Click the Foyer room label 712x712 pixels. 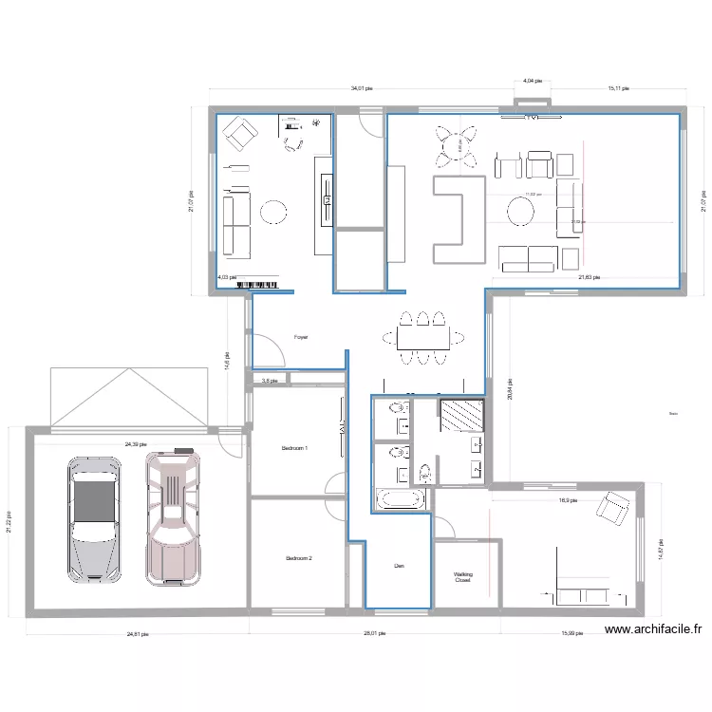(x=301, y=337)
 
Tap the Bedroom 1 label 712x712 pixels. (x=295, y=448)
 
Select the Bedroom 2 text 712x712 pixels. (x=299, y=558)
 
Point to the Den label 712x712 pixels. (x=400, y=567)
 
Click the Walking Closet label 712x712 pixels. (x=462, y=577)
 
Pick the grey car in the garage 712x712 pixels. (x=93, y=517)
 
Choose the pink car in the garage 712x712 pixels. (x=173, y=517)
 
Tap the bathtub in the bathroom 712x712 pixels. (x=402, y=499)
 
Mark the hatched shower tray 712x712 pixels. (x=462, y=416)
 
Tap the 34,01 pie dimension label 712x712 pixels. (x=362, y=88)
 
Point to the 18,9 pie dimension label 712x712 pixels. (x=568, y=500)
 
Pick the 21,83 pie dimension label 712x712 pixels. (x=590, y=277)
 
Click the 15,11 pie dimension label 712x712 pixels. (x=619, y=88)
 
